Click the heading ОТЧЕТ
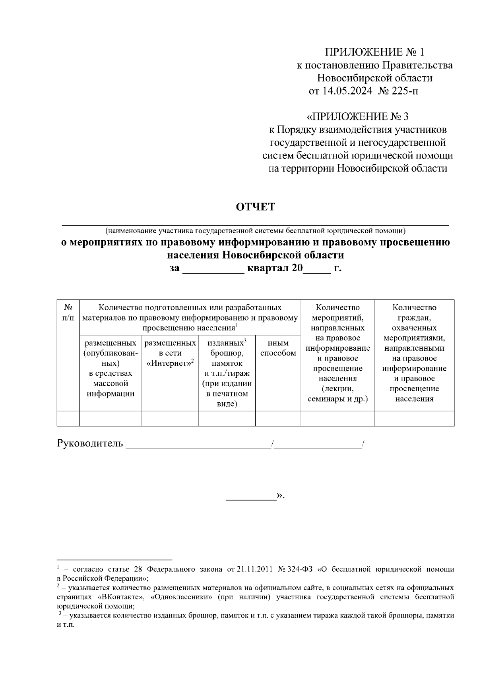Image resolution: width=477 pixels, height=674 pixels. (x=256, y=207)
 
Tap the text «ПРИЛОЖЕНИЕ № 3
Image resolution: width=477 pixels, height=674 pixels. (x=358, y=117)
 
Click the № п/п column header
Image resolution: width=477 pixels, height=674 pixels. (x=68, y=313)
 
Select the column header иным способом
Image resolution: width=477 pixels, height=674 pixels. (x=278, y=348)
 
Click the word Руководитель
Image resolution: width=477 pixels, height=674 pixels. (x=90, y=443)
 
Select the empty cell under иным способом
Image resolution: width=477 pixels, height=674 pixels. (x=278, y=419)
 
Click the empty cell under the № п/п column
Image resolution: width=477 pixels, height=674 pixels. (x=68, y=419)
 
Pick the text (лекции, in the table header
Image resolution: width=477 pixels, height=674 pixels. (x=337, y=388)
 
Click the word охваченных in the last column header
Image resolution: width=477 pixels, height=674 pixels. (x=414, y=328)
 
